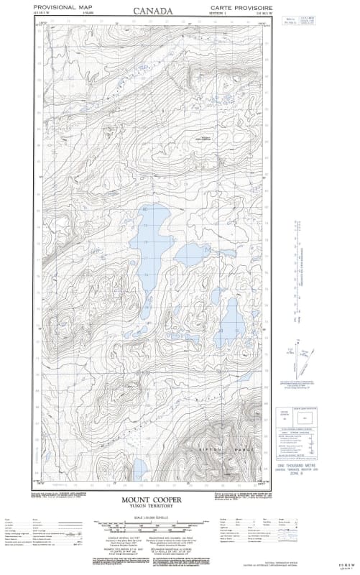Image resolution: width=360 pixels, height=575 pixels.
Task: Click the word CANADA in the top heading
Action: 152,10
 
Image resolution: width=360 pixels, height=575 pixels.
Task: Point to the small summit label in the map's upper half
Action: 203,139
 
